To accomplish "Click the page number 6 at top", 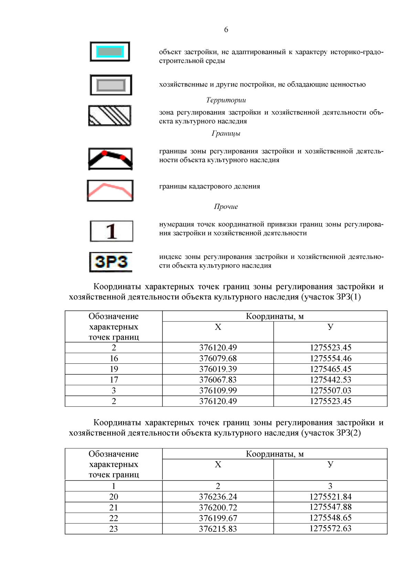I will [226, 30].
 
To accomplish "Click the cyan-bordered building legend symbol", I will [110, 52].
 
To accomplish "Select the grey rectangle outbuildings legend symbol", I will [111, 85].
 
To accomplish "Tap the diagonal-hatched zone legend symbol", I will [110, 116].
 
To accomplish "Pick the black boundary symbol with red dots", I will [110, 159].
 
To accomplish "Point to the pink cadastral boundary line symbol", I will [110, 191].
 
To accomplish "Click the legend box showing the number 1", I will [112, 231].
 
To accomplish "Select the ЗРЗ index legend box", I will [111, 262].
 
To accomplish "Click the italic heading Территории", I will [226, 100].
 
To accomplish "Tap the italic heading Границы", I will [226, 134].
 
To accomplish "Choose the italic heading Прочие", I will [226, 206].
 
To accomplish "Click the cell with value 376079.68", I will [218, 358].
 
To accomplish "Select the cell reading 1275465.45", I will [330, 369].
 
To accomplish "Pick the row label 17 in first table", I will [114, 380].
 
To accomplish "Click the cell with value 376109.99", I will [218, 390].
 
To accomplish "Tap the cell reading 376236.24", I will [218, 497].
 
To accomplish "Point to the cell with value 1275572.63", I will [330, 528].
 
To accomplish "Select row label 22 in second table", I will [114, 518].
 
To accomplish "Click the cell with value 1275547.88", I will [330, 507].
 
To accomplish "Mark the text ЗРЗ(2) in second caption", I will [348, 433].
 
